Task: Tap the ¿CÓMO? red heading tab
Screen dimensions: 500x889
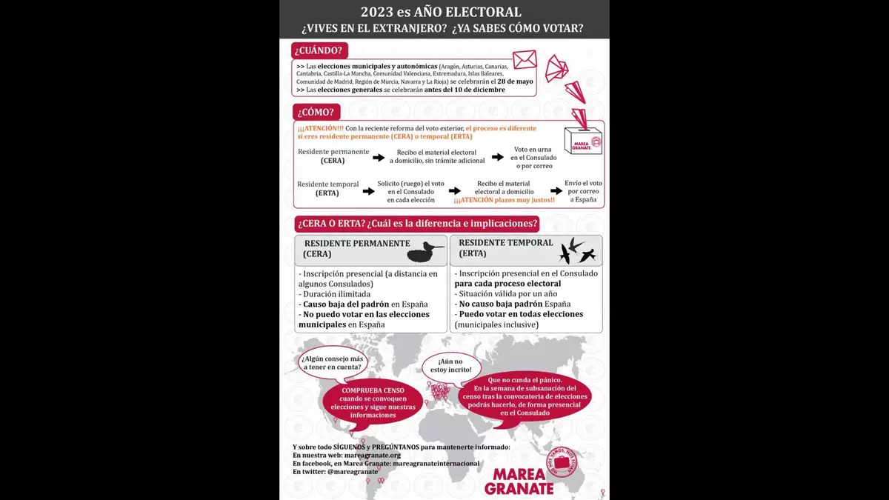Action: click(x=316, y=113)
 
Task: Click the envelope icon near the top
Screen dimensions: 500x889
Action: click(x=524, y=59)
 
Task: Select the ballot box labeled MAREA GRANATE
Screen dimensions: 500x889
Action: click(x=583, y=139)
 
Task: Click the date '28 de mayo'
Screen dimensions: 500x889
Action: click(x=517, y=81)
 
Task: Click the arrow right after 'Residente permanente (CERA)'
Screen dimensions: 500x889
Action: click(x=379, y=157)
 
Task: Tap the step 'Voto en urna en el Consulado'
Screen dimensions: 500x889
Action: click(x=533, y=157)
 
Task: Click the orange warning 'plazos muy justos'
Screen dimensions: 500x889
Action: click(x=504, y=200)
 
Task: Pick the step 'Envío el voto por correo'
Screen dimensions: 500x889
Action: click(x=583, y=191)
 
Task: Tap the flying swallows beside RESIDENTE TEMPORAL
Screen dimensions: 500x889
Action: click(x=577, y=250)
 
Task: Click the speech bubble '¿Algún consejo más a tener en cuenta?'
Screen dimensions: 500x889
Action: click(x=332, y=363)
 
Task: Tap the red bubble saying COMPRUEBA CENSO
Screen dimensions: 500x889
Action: click(x=373, y=403)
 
